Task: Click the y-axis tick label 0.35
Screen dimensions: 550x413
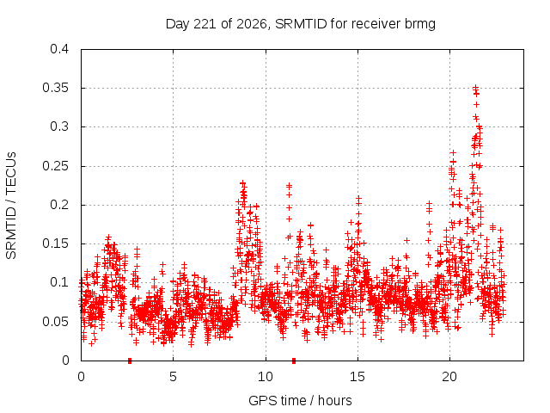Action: tap(55, 88)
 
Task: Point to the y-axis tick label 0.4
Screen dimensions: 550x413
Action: tap(59, 49)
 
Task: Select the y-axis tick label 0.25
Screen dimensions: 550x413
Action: tap(55, 166)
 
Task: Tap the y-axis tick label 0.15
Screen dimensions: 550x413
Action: tap(55, 243)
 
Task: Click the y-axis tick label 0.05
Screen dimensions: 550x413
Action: tap(55, 321)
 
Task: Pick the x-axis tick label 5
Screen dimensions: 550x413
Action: tap(173, 377)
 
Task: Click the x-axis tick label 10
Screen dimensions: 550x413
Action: tap(266, 377)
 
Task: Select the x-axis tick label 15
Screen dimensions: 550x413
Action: tap(357, 377)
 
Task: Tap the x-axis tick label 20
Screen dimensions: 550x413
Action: tap(449, 377)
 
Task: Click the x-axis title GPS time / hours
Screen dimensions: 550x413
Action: tap(300, 400)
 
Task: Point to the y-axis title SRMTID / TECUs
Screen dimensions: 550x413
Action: tap(11, 206)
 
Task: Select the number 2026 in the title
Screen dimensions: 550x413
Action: tap(252, 24)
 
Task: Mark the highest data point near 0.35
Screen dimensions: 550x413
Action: tap(475, 87)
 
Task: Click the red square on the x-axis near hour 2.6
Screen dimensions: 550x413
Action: tap(130, 361)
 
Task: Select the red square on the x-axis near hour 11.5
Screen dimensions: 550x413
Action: tap(294, 361)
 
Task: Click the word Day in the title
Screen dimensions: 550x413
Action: tap(178, 24)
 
